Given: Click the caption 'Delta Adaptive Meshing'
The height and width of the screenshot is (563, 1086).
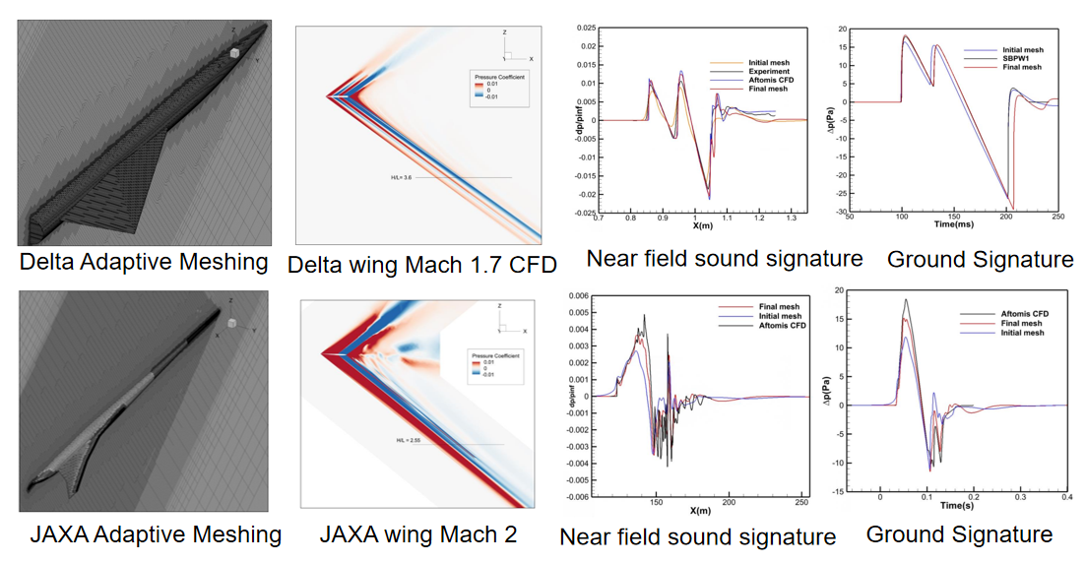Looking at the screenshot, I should click(143, 262).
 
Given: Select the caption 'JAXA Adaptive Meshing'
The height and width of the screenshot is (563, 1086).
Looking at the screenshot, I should click(156, 534).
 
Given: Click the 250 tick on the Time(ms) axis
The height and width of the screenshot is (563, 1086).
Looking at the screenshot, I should click(1058, 217).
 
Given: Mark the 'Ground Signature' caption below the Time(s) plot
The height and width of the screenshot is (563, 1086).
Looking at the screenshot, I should click(959, 534).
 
